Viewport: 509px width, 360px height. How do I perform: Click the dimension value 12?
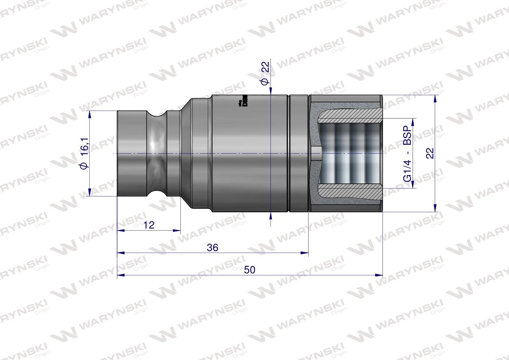pyautogui.click(x=149, y=225)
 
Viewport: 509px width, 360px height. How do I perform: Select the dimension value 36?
pyautogui.click(x=212, y=247)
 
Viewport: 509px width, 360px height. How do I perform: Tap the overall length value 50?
pyautogui.click(x=249, y=270)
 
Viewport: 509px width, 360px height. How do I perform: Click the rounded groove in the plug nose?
pyautogui.click(x=156, y=153)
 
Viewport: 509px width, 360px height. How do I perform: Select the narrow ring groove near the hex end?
pyautogui.click(x=290, y=153)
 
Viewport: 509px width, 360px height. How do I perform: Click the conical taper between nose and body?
pyautogui.click(x=186, y=153)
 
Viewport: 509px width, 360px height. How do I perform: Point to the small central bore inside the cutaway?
pyautogui.click(x=315, y=153)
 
